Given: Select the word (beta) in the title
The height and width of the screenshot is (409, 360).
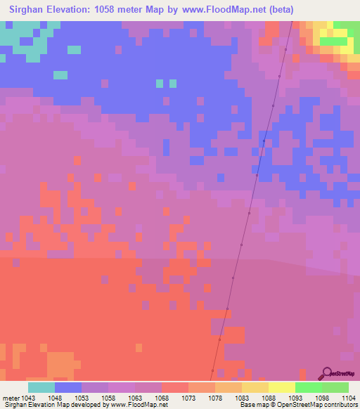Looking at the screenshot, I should click(x=278, y=10).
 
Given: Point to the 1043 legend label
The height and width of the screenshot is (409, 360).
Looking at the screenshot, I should click(x=28, y=398).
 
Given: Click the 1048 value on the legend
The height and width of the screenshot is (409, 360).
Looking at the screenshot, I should click(x=56, y=398).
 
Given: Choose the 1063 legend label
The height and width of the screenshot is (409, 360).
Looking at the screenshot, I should click(x=136, y=398).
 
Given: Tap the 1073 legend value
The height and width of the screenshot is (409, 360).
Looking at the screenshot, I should click(x=189, y=398).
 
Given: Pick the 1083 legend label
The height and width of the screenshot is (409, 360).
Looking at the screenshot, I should click(x=243, y=398).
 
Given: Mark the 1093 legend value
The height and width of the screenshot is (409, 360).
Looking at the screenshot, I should click(x=296, y=398).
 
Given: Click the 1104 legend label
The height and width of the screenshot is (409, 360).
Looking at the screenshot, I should click(x=349, y=398).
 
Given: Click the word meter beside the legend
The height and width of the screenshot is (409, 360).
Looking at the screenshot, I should click(x=11, y=398).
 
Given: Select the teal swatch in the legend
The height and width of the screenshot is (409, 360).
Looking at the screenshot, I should click(x=41, y=387).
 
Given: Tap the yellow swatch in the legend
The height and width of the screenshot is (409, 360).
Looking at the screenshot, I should click(x=282, y=387).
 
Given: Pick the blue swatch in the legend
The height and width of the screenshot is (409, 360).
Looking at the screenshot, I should click(x=68, y=387).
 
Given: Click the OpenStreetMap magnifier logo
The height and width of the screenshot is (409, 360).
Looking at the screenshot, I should click(x=325, y=372).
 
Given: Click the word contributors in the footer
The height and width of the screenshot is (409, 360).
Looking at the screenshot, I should click(x=340, y=405).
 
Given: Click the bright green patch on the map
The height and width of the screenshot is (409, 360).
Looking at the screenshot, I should click(x=333, y=41).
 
